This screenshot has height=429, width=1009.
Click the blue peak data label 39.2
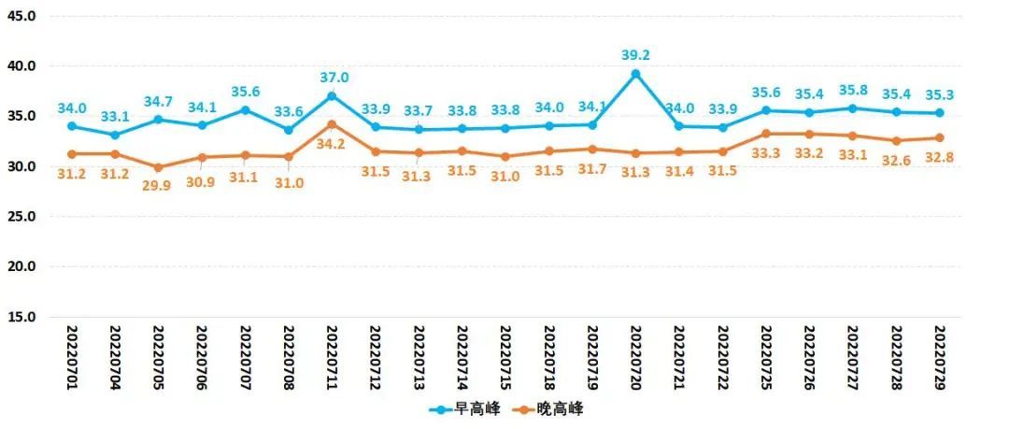pyautogui.click(x=635, y=55)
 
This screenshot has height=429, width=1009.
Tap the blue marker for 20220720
pyautogui.click(x=635, y=74)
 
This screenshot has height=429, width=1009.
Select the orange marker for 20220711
pyautogui.click(x=332, y=124)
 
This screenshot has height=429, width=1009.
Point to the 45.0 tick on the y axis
pyautogui.click(x=21, y=16)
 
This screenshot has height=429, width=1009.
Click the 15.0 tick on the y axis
pyautogui.click(x=21, y=317)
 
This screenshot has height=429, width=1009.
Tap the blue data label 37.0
pyautogui.click(x=333, y=78)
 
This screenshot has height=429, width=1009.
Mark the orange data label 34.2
pyautogui.click(x=332, y=144)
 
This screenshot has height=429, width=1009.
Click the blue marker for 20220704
pyautogui.click(x=114, y=135)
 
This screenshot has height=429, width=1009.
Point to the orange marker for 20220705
pyautogui.click(x=158, y=167)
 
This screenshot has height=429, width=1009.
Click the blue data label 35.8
pyautogui.click(x=853, y=90)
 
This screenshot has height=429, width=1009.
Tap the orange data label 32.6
pyautogui.click(x=896, y=160)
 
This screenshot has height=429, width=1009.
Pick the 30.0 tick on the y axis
pyautogui.click(x=21, y=166)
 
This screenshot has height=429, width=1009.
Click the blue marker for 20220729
pyautogui.click(x=939, y=113)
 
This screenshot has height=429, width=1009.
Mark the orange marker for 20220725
pyautogui.click(x=766, y=134)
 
